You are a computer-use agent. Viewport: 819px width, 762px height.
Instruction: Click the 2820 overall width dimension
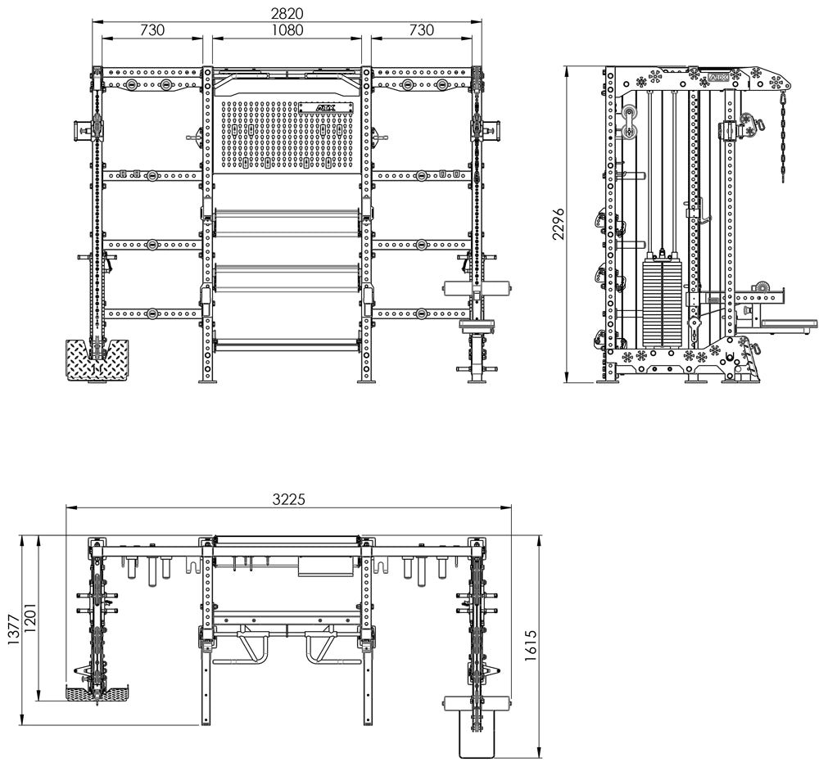(x=287, y=12)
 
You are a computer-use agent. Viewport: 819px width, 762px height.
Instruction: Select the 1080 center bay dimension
(x=287, y=29)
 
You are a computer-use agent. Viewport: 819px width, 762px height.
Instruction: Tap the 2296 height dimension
(x=559, y=224)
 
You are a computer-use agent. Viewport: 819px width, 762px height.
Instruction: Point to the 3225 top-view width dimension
(x=288, y=499)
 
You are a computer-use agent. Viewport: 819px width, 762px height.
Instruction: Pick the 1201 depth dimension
(x=30, y=620)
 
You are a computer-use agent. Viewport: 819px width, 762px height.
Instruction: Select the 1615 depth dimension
(x=530, y=646)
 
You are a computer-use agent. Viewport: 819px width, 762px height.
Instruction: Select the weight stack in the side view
(x=662, y=304)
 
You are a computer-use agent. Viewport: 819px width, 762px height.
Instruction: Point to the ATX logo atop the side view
(x=716, y=78)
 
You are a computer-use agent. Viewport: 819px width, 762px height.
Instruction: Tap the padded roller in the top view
(x=477, y=704)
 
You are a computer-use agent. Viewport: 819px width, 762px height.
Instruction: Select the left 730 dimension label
(x=152, y=29)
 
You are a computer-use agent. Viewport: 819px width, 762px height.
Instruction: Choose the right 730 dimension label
(x=421, y=29)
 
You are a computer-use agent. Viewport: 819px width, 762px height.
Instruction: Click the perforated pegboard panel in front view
(x=287, y=134)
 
